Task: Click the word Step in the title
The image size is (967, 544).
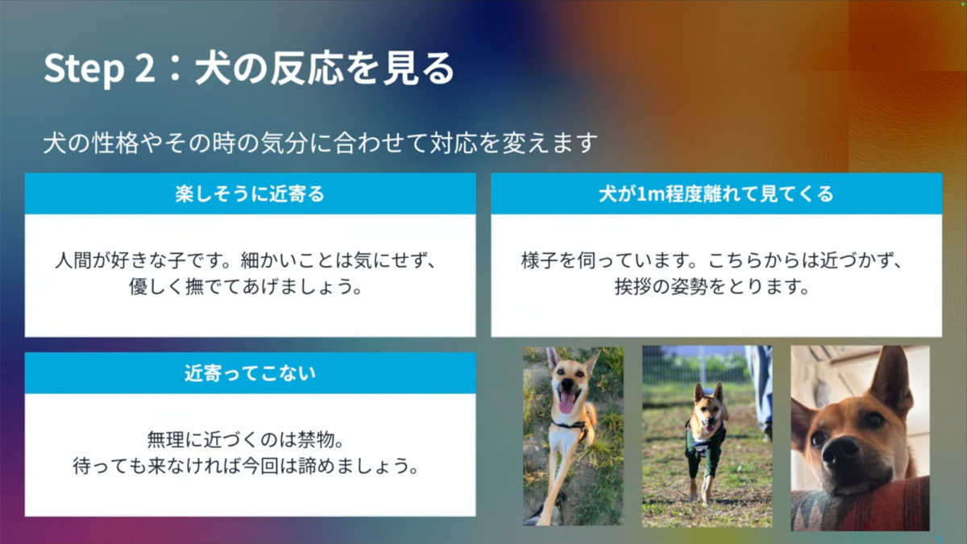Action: click(84, 69)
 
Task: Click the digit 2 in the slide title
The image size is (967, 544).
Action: click(144, 68)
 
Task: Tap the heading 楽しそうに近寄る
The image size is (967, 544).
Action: click(250, 194)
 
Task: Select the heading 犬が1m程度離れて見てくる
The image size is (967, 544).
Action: click(716, 194)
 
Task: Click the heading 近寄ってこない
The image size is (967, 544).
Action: click(250, 373)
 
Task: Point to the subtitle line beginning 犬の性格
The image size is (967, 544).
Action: click(321, 143)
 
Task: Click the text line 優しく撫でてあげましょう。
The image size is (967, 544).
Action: click(246, 286)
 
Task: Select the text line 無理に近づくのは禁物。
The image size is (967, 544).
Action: click(246, 440)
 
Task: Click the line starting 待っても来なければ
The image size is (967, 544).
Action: click(246, 466)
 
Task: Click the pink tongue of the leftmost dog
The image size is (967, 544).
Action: click(566, 404)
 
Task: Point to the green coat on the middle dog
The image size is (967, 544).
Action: click(704, 449)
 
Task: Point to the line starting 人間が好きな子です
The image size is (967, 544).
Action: click(246, 260)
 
